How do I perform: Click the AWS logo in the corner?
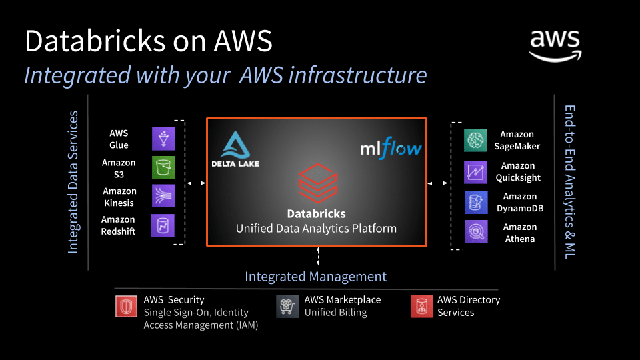[x=555, y=46]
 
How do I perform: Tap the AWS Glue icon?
[x=163, y=139]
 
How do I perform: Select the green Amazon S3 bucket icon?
[x=163, y=168]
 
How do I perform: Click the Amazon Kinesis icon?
[x=163, y=197]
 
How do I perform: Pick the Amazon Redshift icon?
[x=163, y=225]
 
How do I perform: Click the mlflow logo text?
[x=391, y=147]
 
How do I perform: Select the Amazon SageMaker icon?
[x=476, y=140]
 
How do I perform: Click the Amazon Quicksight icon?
[x=476, y=171]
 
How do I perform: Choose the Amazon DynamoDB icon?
[x=476, y=202]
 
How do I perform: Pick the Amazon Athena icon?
[x=476, y=232]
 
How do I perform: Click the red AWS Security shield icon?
[x=126, y=306]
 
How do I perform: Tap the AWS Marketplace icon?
[x=288, y=306]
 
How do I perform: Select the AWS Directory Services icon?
[x=421, y=306]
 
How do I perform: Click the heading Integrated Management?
[x=315, y=277]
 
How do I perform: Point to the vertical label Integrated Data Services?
[x=73, y=182]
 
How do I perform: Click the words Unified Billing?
[x=335, y=313]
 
